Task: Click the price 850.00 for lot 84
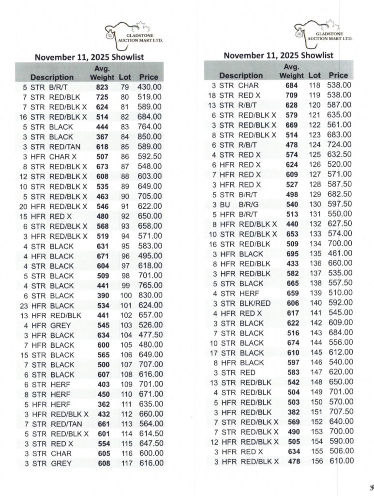150,137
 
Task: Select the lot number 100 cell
125,295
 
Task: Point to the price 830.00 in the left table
150,295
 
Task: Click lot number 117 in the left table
125,464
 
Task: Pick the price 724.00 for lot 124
339,144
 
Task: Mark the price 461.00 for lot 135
339,254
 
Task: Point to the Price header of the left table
149,77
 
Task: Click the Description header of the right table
241,76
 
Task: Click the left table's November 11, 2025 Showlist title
90,57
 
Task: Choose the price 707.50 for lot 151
339,412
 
